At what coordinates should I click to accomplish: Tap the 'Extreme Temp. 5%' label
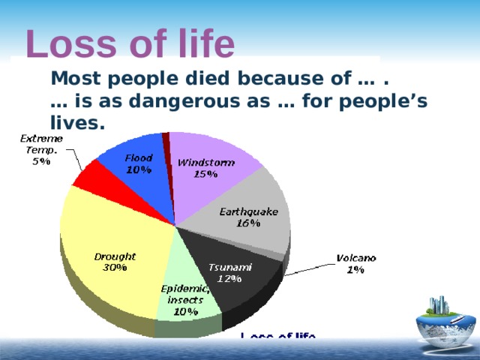pyautogui.click(x=41, y=150)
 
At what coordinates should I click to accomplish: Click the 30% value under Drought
pyautogui.click(x=114, y=267)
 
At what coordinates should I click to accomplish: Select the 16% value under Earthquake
pyautogui.click(x=248, y=223)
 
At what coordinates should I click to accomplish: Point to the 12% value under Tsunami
pyautogui.click(x=229, y=278)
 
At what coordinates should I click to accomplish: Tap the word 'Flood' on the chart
pyautogui.click(x=139, y=158)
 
